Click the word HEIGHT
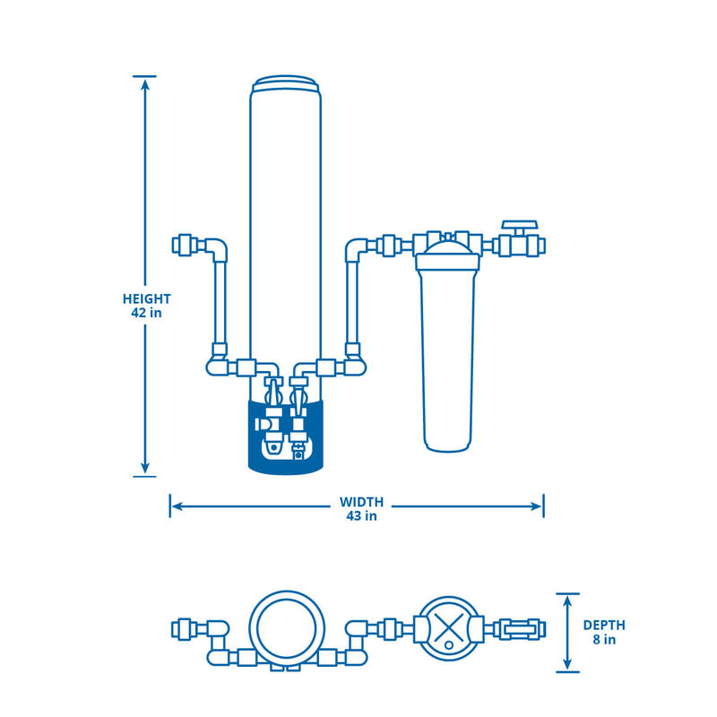147,298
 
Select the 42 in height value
147,313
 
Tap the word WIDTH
361,501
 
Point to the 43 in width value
361,515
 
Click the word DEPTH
604,625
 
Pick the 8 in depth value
604,639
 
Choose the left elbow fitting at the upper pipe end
214,247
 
